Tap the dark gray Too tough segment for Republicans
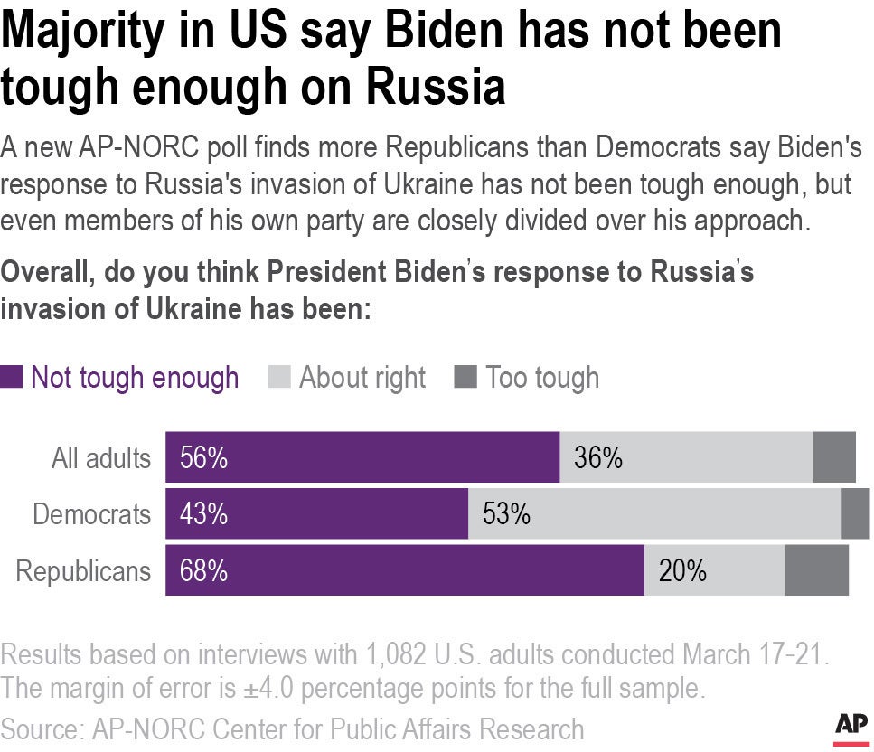pos(816,571)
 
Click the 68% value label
pos(203,571)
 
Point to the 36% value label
pos(598,458)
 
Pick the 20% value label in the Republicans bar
pos(682,571)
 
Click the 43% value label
pos(203,514)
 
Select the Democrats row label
pos(91,514)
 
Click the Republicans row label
pos(83,571)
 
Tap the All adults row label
pos(100,458)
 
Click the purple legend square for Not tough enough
pos(12,378)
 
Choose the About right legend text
pos(362,378)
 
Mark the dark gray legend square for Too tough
pos(465,378)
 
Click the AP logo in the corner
pos(849,726)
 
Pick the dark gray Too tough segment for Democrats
pos(855,514)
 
